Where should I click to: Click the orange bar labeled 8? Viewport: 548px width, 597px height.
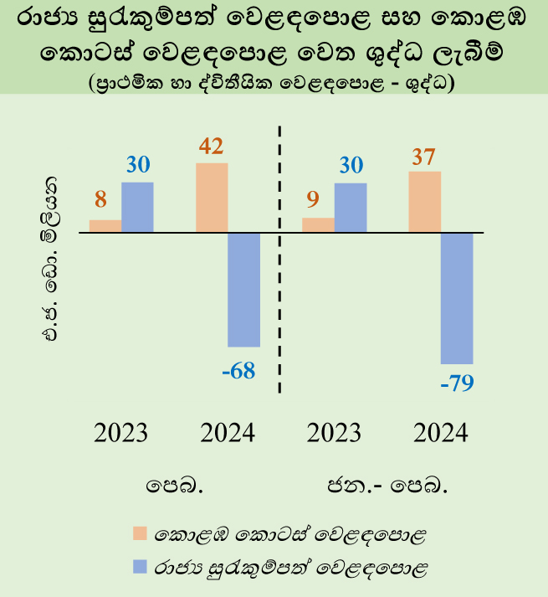105,226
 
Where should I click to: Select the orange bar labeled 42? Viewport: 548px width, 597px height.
212,198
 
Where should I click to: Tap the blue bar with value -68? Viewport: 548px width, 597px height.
244,290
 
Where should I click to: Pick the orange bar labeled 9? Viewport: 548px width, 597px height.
318,224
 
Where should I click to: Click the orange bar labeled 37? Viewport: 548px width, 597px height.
425,202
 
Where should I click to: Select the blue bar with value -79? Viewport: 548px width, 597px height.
457,298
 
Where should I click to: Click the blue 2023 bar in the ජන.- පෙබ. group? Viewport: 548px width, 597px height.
351,208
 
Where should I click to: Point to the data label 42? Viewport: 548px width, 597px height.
211,147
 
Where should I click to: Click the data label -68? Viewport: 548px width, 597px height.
238,370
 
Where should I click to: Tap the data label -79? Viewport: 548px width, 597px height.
457,383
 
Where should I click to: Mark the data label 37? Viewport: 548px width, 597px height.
423,157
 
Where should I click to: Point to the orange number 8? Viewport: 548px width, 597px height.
100,199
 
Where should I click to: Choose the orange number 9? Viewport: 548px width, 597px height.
313,199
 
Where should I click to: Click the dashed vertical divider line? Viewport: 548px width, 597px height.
279,260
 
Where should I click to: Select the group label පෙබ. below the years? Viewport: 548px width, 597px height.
174,486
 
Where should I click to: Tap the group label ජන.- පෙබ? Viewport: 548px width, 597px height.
387,486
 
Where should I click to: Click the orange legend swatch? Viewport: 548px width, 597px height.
140,533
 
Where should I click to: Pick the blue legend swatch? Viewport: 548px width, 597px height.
140,567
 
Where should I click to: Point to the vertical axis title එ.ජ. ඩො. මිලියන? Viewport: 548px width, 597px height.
49,259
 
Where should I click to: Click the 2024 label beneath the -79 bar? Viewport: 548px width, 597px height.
441,433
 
